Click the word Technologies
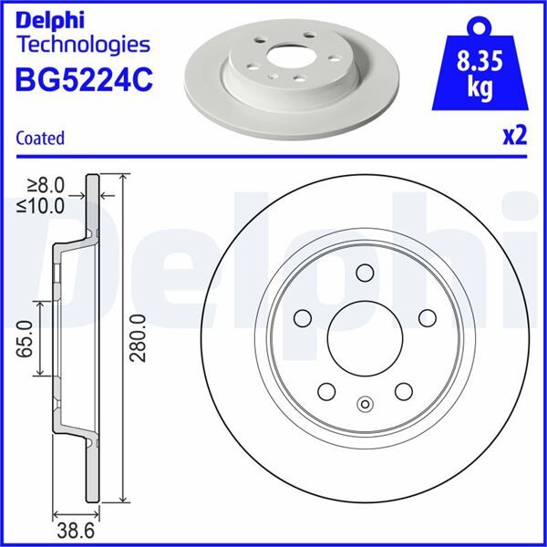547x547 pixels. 83,43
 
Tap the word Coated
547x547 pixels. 40,139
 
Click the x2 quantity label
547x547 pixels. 515,137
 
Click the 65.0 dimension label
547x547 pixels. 25,338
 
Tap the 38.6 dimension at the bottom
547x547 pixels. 74,528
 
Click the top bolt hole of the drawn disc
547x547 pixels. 365,273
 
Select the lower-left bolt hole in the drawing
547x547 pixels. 326,392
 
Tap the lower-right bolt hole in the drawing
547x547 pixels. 402,391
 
